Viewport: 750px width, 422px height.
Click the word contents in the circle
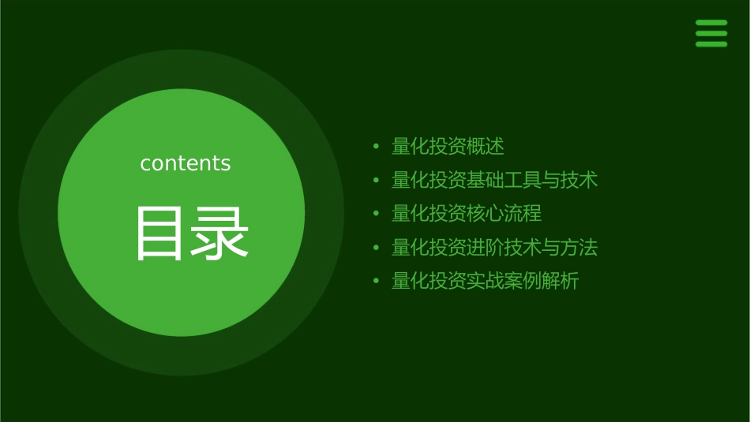pyautogui.click(x=186, y=163)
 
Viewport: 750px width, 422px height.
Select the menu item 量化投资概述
pyautogui.click(x=448, y=146)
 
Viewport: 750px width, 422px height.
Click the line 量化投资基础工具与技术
pyautogui.click(x=494, y=180)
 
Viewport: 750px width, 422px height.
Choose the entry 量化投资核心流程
pyautogui.click(x=467, y=214)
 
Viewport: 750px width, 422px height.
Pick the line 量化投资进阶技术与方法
pyautogui.click(x=494, y=248)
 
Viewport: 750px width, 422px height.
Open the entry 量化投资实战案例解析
pyautogui.click(x=485, y=282)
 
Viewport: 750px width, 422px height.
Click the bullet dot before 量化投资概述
pyautogui.click(x=377, y=147)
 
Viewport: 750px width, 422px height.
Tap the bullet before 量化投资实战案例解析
pyautogui.click(x=377, y=282)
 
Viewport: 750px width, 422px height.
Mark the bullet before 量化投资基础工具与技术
pyautogui.click(x=377, y=181)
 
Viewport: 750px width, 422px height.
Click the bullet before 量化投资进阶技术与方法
pyautogui.click(x=377, y=248)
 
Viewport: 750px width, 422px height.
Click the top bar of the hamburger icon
pyautogui.click(x=711, y=22)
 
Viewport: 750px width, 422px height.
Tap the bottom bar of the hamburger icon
pyautogui.click(x=711, y=44)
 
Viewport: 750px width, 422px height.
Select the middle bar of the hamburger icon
pyautogui.click(x=711, y=33)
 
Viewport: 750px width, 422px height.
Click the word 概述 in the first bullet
pyautogui.click(x=486, y=146)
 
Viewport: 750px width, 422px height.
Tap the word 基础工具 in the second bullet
pyautogui.click(x=504, y=180)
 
